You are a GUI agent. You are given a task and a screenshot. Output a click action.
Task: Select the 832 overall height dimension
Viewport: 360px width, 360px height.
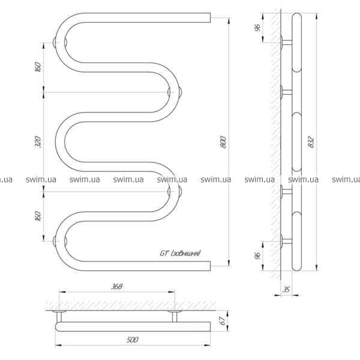click(311, 142)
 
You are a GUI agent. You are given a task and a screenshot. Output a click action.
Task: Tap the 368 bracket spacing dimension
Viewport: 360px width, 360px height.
click(117, 287)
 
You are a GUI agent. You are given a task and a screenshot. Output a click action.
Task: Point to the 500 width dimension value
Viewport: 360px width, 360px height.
click(133, 340)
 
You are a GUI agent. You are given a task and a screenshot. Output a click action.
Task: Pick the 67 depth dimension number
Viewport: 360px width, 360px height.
click(222, 321)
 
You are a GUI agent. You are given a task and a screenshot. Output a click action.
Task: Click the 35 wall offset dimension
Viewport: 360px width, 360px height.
click(286, 290)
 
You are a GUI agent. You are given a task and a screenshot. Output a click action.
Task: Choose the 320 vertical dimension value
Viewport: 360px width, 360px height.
click(38, 142)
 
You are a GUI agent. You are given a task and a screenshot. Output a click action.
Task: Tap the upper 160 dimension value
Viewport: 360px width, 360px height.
click(38, 67)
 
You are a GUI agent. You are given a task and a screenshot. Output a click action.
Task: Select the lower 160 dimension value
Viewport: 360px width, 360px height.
click(38, 216)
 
